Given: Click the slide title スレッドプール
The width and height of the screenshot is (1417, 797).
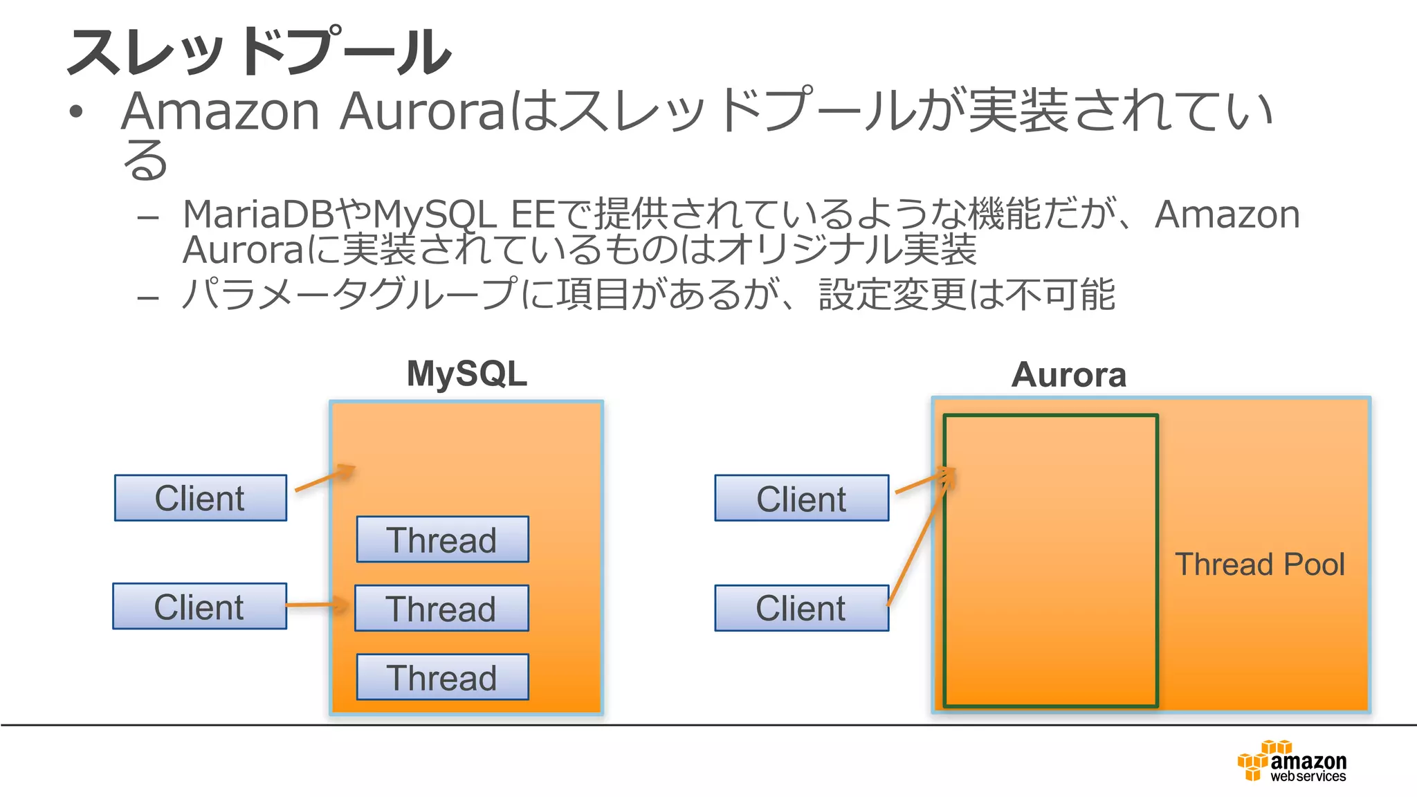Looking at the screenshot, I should (259, 52).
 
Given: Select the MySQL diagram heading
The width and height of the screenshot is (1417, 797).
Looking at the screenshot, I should (466, 374).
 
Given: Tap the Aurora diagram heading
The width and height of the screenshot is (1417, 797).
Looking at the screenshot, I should (1068, 376).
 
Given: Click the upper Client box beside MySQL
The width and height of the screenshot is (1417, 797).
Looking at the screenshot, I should (200, 498).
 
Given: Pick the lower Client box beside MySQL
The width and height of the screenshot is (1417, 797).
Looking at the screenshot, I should (199, 607).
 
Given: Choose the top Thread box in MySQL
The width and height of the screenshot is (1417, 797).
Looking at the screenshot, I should (442, 540).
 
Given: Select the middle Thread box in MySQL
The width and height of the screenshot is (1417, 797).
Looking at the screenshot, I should (441, 608).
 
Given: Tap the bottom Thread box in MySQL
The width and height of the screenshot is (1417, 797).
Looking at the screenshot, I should (442, 677).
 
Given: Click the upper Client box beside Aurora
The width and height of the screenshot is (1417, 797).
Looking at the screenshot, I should (801, 498).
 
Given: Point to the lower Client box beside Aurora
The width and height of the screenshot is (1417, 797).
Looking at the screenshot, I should (801, 608).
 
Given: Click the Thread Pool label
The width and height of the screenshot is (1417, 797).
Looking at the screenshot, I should (1259, 565).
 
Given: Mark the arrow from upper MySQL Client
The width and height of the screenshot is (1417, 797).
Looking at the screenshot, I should (324, 479).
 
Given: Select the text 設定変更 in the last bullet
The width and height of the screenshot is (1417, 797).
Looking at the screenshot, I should (892, 295).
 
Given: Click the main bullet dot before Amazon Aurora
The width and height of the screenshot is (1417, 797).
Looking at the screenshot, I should (76, 112).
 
